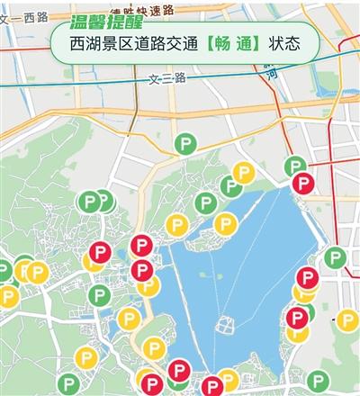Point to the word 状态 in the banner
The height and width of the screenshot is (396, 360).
click(x=277, y=42)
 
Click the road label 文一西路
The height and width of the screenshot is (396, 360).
click(x=25, y=17)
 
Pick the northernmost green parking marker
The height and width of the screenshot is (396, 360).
click(x=186, y=141)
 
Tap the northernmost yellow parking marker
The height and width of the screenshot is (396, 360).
click(x=243, y=173)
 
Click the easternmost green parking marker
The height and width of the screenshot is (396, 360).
click(x=335, y=258)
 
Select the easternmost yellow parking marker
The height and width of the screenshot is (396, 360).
click(x=346, y=319)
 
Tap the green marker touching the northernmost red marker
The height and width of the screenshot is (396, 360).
click(x=294, y=166)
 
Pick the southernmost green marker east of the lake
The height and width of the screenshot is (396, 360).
click(x=317, y=379)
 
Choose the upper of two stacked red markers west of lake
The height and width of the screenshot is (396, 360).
click(x=141, y=246)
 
